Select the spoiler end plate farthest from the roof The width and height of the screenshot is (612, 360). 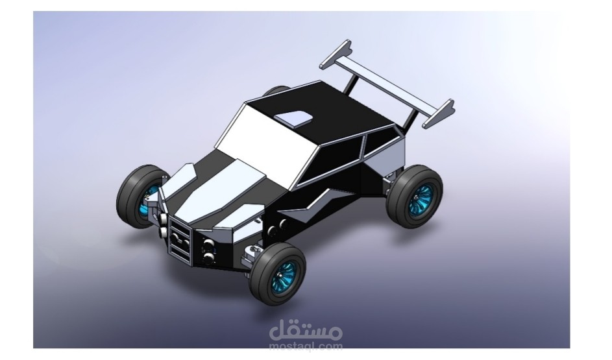click(439, 114)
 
